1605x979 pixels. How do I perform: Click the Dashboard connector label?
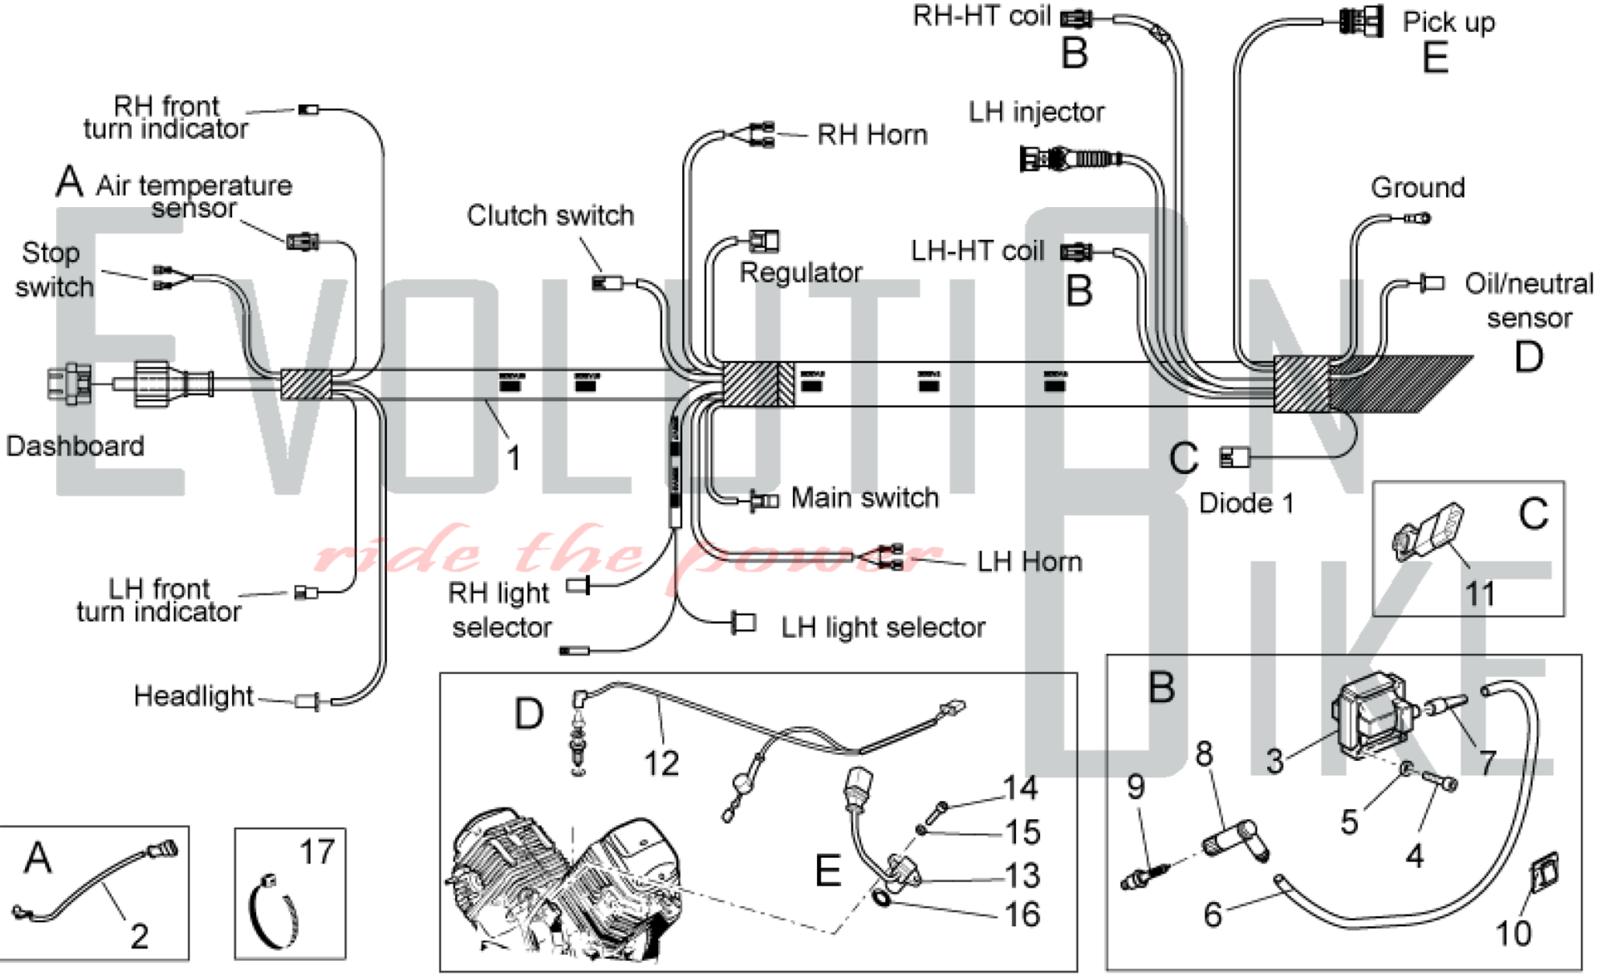(x=75, y=446)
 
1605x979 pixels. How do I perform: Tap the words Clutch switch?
(x=550, y=215)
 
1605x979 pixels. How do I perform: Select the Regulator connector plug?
(x=764, y=240)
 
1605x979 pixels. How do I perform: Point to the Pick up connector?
(x=1363, y=22)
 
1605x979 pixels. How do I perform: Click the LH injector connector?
(x=1069, y=158)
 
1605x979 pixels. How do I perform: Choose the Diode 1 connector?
(x=1234, y=457)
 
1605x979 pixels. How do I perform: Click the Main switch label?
(x=864, y=498)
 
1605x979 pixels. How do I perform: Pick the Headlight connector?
(x=307, y=701)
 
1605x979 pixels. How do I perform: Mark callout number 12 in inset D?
(x=661, y=763)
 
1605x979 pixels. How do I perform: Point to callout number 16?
(x=1022, y=914)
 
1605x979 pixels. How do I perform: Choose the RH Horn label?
(x=872, y=135)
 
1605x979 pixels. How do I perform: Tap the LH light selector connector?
(x=743, y=623)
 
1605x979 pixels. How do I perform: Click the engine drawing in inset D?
(x=566, y=883)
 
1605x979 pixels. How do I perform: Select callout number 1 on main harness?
(x=514, y=458)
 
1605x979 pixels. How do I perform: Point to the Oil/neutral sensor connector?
(x=1432, y=282)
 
